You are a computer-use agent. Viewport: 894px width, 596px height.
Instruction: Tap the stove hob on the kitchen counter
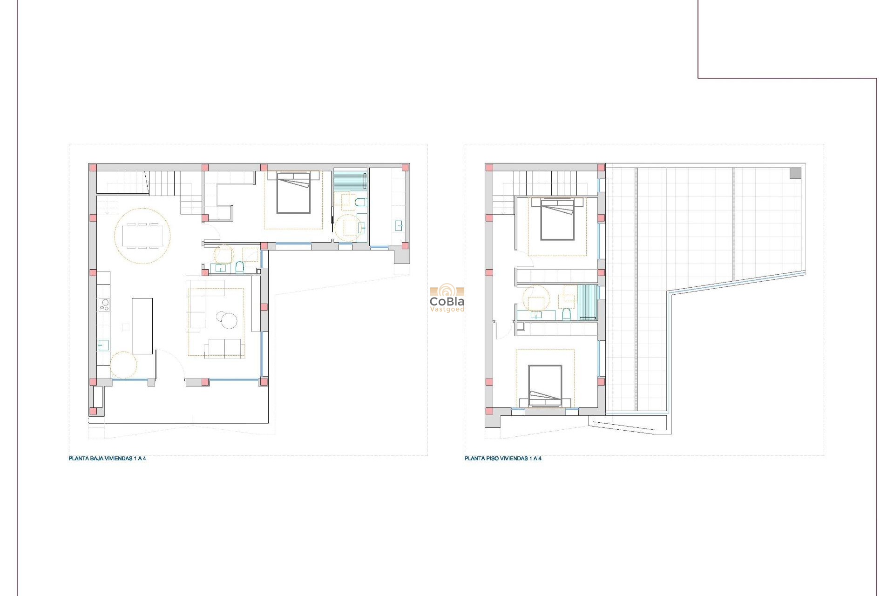point(104,305)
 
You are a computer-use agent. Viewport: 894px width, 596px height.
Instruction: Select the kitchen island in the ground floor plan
point(142,326)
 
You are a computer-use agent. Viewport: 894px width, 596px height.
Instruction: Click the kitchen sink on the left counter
point(103,345)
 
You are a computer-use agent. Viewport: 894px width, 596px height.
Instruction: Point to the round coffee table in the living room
point(229,321)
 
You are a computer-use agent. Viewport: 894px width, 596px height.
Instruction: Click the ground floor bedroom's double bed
point(293,193)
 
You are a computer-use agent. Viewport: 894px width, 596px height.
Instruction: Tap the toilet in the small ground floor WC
point(239,267)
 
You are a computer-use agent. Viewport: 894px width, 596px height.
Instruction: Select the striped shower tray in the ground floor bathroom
point(350,181)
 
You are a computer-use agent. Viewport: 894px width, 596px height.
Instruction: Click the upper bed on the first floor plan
point(557,218)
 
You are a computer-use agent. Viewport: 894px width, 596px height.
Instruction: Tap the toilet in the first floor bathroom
point(566,314)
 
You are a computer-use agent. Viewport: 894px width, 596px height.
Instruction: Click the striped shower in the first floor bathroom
point(588,302)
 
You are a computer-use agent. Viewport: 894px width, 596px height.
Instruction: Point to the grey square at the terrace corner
point(795,173)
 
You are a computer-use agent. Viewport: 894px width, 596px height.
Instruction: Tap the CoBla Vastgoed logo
point(447,299)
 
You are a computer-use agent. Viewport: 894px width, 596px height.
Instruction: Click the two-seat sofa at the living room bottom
point(224,348)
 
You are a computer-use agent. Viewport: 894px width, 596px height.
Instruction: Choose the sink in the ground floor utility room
point(399,226)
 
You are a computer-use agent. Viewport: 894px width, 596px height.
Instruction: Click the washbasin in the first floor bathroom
point(536,315)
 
